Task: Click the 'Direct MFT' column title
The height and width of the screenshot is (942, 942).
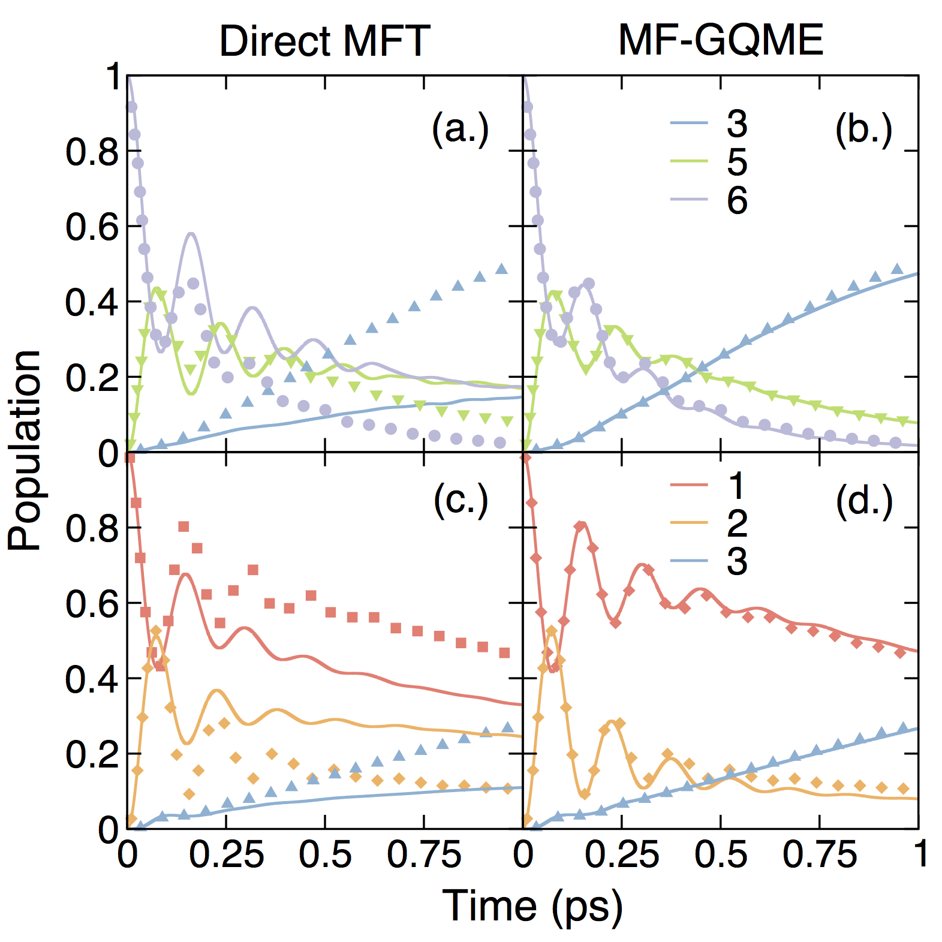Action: click(x=324, y=41)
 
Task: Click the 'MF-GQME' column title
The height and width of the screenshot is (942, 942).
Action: click(x=721, y=41)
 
